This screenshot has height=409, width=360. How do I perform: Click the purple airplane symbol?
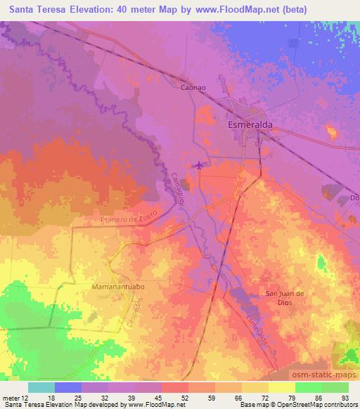click(199, 166)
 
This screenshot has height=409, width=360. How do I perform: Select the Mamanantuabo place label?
click(118, 287)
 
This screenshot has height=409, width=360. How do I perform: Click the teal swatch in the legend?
click(41, 387)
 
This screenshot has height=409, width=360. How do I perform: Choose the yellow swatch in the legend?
click(282, 387)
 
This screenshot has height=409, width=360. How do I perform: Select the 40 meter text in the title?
click(141, 11)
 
